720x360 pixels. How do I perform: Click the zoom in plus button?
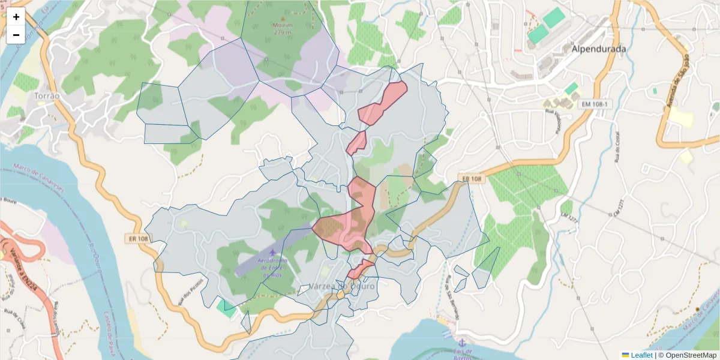click(x=16, y=17)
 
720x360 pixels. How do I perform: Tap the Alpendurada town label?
click(x=599, y=49)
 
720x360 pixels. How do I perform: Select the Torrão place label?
click(x=47, y=96)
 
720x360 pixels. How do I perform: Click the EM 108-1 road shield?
click(x=595, y=104)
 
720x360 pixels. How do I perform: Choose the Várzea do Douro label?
click(x=342, y=286)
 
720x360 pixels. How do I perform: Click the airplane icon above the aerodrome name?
click(x=274, y=252)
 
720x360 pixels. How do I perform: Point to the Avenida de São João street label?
click(x=676, y=82)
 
